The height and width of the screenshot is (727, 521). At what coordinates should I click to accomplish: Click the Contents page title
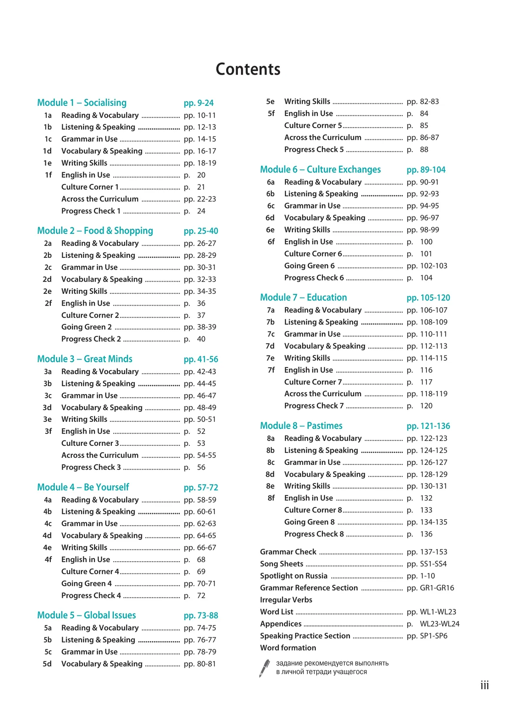[x=248, y=69]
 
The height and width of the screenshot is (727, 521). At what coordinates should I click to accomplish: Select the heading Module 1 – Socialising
[x=82, y=103]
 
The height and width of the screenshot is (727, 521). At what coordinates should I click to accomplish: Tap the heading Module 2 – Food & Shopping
[x=95, y=231]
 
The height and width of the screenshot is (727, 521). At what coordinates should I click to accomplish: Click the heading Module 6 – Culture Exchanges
[x=320, y=170]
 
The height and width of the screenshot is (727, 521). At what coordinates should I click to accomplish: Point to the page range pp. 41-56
[x=201, y=359]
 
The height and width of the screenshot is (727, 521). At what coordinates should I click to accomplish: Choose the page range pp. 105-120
[x=428, y=298]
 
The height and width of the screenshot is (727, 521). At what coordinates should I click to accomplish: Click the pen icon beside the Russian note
[x=264, y=668]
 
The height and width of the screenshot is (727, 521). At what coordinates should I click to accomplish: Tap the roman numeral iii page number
[x=485, y=685]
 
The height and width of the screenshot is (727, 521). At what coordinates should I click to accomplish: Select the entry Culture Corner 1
[x=90, y=187]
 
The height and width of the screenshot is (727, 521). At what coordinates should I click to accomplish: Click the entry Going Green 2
[x=86, y=327]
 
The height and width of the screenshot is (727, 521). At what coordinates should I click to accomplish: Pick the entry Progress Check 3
[x=91, y=467]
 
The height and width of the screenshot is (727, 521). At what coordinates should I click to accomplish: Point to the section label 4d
[x=47, y=536]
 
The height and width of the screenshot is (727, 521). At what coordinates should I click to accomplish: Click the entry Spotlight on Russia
[x=293, y=576]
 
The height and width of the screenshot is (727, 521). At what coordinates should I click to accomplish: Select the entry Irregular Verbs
[x=286, y=600]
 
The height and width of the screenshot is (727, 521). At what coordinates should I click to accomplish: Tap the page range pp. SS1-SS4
[x=426, y=564]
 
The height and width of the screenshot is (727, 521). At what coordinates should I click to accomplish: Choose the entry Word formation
[x=288, y=648]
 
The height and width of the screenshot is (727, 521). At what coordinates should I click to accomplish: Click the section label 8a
[x=270, y=438]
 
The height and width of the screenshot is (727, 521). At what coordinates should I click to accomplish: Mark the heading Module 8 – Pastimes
[x=301, y=426]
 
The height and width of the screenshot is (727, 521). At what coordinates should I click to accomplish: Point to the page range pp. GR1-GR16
[x=430, y=588]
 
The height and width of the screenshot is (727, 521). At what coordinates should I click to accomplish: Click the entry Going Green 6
[x=309, y=266]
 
